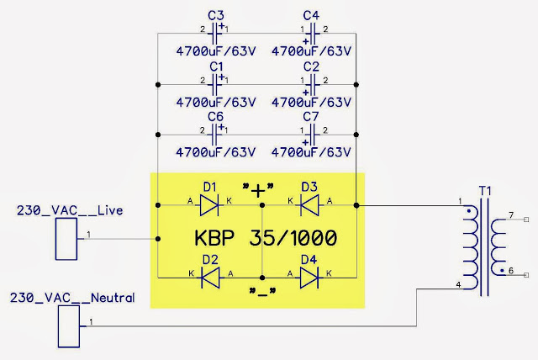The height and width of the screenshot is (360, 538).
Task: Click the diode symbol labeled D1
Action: tap(209, 205)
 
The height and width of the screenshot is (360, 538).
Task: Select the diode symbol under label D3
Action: tap(309, 205)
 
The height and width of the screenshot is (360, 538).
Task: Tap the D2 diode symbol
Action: tap(210, 278)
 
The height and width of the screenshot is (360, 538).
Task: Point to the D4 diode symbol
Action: tap(309, 278)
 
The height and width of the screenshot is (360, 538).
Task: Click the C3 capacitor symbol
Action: tap(215, 34)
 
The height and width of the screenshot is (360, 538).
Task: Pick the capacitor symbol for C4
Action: tap(312, 34)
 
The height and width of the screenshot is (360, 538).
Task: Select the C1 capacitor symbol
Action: tap(215, 84)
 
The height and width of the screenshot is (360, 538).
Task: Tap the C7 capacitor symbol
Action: tap(312, 135)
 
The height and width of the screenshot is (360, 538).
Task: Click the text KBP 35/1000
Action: tap(266, 237)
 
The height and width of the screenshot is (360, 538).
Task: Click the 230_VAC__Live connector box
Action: tap(66, 239)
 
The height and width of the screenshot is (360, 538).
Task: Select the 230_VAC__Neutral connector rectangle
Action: tap(69, 326)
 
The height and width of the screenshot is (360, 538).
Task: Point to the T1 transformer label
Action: tap(485, 191)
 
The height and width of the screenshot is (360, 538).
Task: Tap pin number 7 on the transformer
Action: tap(511, 215)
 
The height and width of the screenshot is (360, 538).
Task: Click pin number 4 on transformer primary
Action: tap(458, 284)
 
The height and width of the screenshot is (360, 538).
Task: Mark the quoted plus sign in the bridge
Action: tap(258, 190)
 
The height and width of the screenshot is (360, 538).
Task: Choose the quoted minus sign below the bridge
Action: tap(262, 292)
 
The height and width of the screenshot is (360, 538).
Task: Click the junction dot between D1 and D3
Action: tap(262, 205)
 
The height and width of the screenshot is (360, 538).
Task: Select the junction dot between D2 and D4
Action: tap(262, 278)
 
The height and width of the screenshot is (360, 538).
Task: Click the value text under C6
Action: tap(216, 152)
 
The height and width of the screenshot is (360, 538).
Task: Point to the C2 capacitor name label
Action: tap(311, 66)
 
